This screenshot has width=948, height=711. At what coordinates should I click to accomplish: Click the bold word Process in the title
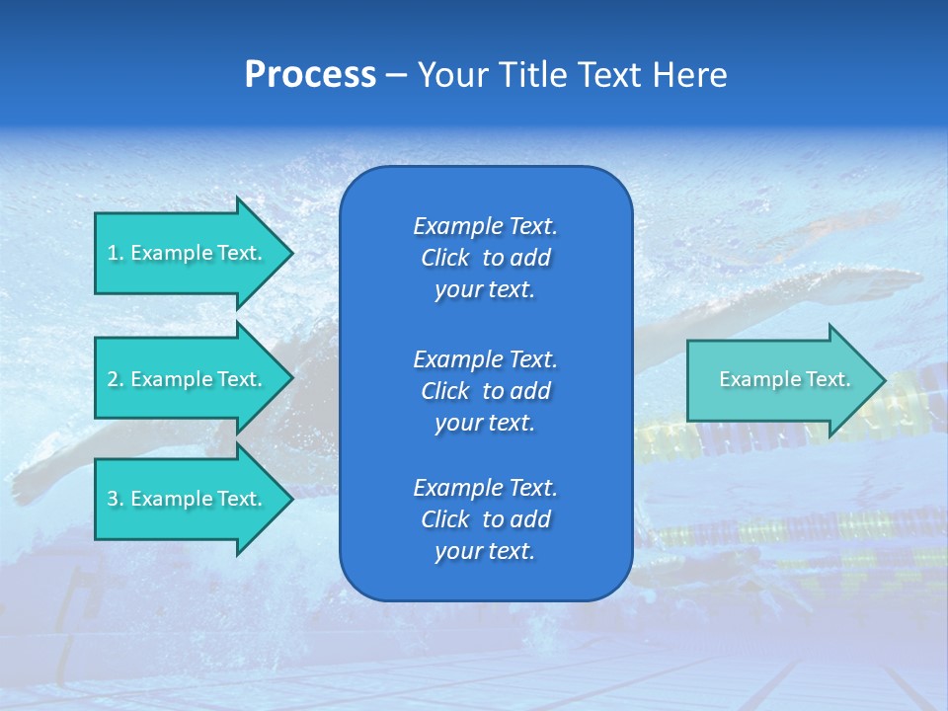(x=310, y=75)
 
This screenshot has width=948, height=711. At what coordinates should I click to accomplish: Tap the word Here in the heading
(x=688, y=75)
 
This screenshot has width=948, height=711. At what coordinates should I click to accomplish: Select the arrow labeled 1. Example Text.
(x=188, y=253)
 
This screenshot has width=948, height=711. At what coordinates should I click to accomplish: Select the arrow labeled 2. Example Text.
(x=188, y=379)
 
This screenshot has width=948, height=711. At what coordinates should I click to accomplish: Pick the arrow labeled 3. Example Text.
(x=188, y=499)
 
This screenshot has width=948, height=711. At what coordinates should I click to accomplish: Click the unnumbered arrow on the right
(x=780, y=379)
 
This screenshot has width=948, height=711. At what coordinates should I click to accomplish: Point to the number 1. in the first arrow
(x=116, y=253)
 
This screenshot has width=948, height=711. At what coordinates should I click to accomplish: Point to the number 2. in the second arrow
(x=116, y=379)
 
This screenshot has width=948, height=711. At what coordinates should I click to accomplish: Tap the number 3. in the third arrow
(x=116, y=499)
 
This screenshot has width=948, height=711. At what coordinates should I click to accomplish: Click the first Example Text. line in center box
(x=485, y=226)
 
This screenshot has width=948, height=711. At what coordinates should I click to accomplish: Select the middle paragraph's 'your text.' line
(x=485, y=423)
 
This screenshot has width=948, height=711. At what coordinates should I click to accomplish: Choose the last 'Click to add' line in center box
(x=485, y=519)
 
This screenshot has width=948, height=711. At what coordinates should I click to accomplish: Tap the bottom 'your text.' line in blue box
(x=485, y=551)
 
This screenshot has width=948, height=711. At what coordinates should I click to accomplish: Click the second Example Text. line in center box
(x=485, y=358)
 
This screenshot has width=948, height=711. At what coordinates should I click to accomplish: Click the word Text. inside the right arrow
(x=827, y=379)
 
